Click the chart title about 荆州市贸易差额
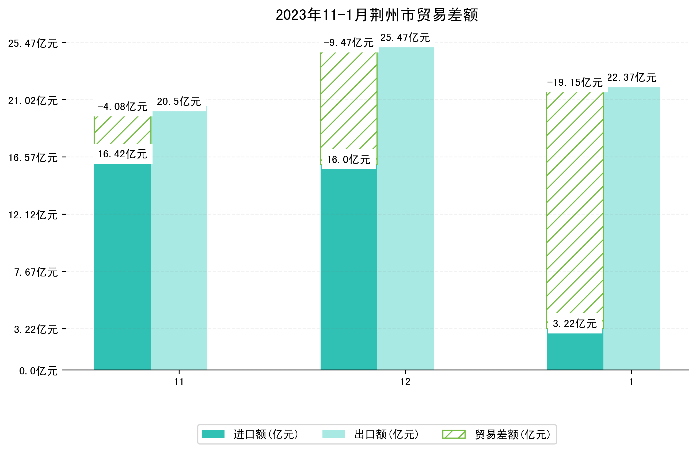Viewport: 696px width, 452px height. [x=377, y=15]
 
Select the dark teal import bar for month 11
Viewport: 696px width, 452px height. [x=122, y=266]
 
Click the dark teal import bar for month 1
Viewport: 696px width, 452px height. [x=575, y=351]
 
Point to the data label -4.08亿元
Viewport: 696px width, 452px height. [x=122, y=107]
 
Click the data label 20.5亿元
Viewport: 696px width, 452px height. [x=179, y=101]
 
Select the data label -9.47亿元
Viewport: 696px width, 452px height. [x=348, y=43]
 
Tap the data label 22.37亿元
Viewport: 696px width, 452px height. [x=632, y=78]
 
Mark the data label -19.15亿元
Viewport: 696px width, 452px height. [x=575, y=82]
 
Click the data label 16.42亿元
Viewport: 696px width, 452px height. [x=122, y=154]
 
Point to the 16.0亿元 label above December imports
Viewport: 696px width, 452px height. [x=348, y=159]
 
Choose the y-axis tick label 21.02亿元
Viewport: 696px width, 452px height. [x=33, y=101]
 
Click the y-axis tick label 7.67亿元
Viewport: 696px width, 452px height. [x=36, y=272]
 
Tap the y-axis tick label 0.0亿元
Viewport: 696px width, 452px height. [x=38, y=371]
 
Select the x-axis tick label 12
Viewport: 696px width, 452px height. [x=405, y=382]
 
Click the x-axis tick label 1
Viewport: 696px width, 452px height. [x=631, y=382]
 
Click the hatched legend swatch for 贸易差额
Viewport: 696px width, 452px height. [x=454, y=434]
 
